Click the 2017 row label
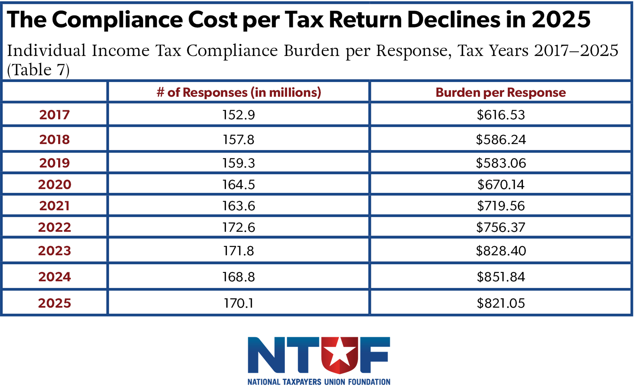coord(54,115)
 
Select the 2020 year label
coord(54,185)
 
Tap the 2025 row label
coord(54,303)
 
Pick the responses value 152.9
coord(239,115)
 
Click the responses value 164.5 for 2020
coord(239,185)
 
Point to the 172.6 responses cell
coord(239,227)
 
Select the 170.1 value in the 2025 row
coord(239,303)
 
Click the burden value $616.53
coord(500,115)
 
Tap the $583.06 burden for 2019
coord(500,163)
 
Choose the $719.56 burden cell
coord(500,206)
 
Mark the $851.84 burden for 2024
coord(500,277)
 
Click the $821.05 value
coord(500,303)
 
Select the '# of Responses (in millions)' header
coord(239,92)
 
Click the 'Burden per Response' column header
coord(500,92)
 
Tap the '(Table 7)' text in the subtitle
coord(38,70)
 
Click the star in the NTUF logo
coord(339,352)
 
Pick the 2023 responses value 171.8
coord(239,251)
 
